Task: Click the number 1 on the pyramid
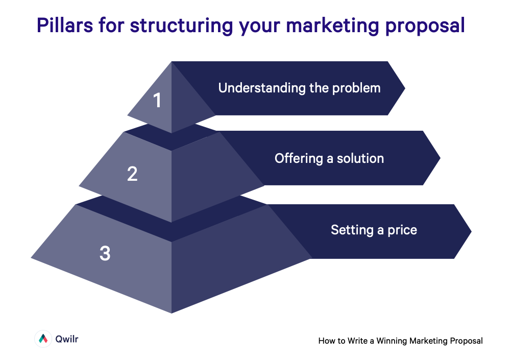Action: point(157,100)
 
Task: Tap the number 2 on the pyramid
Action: point(132,174)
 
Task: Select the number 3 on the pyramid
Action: point(105,253)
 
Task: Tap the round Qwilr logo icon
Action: point(43,339)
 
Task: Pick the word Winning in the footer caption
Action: point(393,341)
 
